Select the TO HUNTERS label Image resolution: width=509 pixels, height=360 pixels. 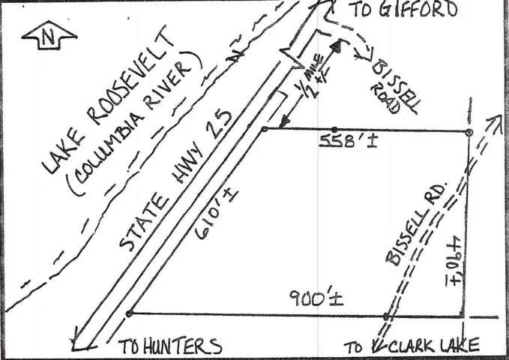(170, 346)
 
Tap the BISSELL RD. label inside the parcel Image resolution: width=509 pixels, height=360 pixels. (417, 221)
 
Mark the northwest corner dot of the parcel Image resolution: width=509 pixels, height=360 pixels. (265, 130)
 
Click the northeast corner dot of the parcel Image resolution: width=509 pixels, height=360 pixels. (469, 133)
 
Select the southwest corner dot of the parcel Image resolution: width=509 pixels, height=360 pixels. (130, 313)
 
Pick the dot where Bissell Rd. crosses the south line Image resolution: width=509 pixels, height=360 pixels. (386, 316)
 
